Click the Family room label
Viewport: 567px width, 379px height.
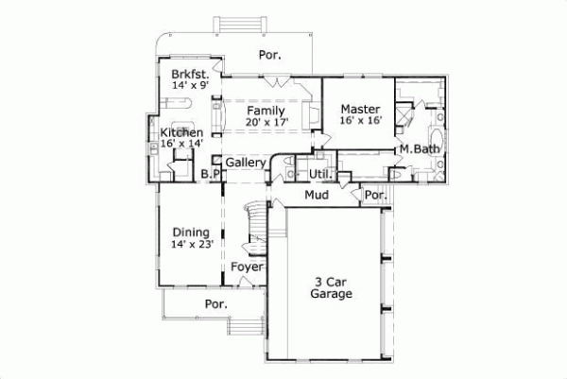[266, 112]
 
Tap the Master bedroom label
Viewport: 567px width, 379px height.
[359, 109]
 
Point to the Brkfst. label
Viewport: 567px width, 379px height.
[190, 74]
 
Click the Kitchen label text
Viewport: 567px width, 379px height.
[180, 133]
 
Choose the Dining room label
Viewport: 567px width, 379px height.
[192, 232]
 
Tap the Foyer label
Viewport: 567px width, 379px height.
[248, 267]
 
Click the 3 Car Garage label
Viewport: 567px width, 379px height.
[331, 287]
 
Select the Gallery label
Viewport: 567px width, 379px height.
[245, 163]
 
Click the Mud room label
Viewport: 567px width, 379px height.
[316, 196]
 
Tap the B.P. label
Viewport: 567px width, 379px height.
[212, 174]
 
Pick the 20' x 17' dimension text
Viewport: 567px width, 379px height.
[266, 123]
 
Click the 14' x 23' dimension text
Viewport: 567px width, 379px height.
[192, 244]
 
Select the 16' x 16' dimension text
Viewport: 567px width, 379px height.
[359, 121]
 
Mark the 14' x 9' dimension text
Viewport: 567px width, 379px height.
[190, 85]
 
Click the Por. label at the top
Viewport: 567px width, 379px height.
[270, 56]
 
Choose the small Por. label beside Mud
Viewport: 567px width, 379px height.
[374, 196]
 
